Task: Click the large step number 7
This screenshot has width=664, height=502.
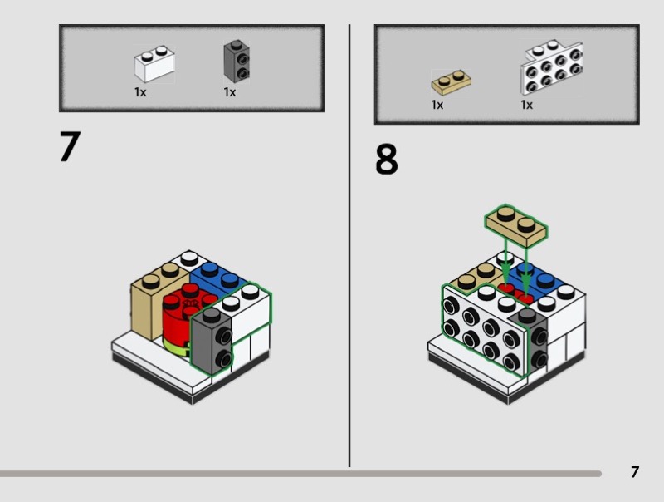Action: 70,146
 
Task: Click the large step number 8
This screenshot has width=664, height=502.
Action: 387,159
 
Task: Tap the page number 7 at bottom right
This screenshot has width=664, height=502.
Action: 634,472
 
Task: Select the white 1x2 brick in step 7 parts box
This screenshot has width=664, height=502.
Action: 154,64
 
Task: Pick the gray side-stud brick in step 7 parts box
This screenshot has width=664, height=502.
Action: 237,62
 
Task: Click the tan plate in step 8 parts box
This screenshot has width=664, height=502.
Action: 451,83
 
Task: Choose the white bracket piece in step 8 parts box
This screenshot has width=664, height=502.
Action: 551,67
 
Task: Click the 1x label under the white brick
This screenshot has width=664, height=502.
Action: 140,92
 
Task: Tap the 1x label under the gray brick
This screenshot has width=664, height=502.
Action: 230,92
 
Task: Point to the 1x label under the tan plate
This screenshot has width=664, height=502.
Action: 437,105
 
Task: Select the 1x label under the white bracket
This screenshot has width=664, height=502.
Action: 526,105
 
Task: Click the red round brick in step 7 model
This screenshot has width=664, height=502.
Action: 183,314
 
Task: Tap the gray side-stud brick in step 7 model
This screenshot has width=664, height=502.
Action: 212,342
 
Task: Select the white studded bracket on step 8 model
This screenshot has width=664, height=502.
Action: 484,330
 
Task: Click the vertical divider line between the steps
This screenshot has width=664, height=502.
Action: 349,246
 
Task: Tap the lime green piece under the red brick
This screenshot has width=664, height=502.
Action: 176,347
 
